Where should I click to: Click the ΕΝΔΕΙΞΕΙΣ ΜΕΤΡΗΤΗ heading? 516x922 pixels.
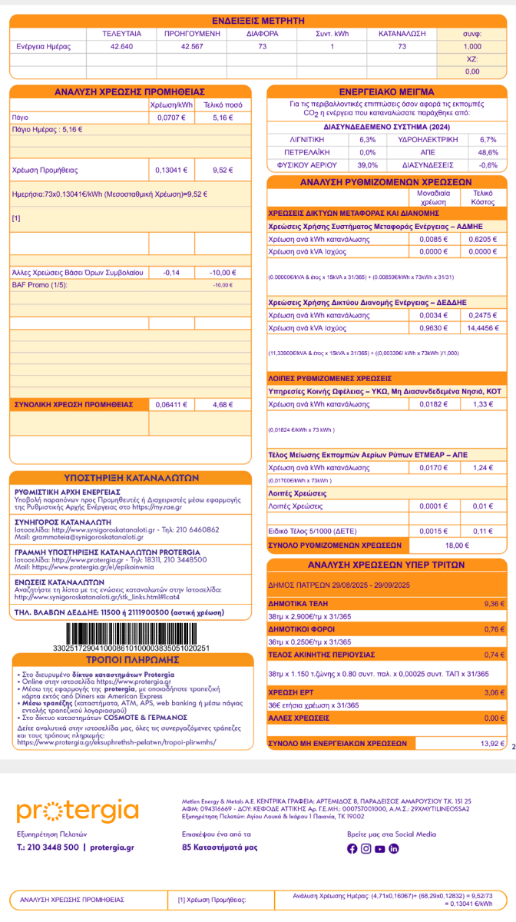click(x=258, y=21)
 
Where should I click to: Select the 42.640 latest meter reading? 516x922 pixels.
click(x=121, y=47)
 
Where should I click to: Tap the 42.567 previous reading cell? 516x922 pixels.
click(x=191, y=47)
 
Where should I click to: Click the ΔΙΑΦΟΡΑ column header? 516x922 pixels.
click(x=262, y=35)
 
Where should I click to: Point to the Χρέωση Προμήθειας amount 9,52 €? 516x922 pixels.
click(x=222, y=170)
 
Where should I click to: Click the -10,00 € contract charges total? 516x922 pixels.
click(x=222, y=273)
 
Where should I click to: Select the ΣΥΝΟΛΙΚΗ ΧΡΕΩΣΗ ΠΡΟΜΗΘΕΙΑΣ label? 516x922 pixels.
click(x=70, y=403)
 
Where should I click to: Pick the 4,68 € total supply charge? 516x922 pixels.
click(x=222, y=403)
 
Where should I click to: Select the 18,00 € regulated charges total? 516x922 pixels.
click(x=456, y=545)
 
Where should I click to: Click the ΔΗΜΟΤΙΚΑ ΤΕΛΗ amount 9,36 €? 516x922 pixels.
click(x=492, y=605)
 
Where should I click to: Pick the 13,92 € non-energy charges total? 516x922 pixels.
click(x=489, y=743)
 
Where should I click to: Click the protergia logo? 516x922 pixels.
click(x=78, y=811)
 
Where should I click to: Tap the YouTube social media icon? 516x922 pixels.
click(x=379, y=848)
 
